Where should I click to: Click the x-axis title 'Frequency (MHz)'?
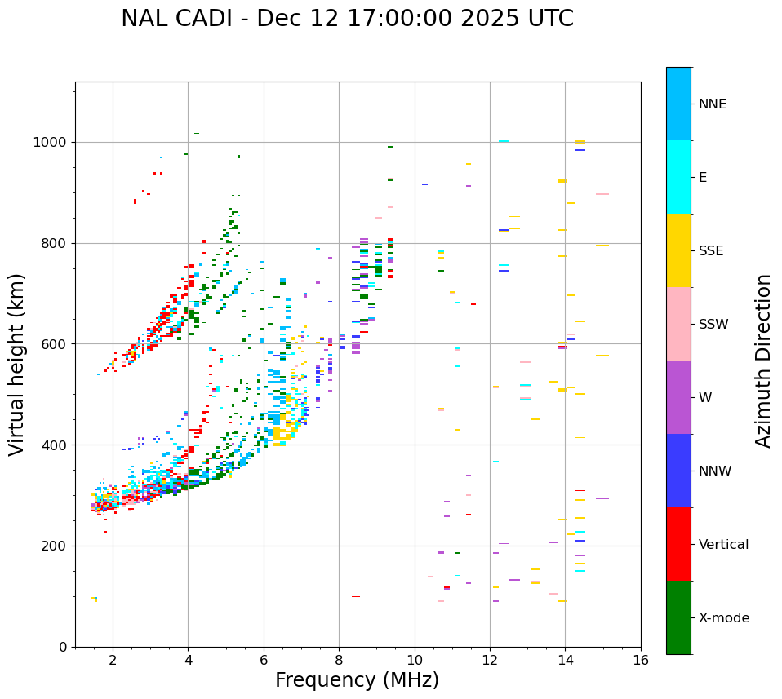[357, 680]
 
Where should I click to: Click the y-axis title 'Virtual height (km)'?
[17, 364]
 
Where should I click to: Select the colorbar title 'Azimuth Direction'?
[763, 361]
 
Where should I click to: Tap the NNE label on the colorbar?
[712, 104]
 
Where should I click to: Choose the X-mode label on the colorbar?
[723, 618]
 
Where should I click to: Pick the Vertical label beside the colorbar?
[723, 545]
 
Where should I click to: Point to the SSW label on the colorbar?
[713, 325]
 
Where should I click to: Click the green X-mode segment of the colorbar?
[678, 617]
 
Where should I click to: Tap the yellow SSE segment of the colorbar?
[678, 250]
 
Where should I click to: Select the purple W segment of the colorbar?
[678, 397]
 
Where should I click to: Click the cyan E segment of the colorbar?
[678, 177]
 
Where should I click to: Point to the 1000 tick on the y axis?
[51, 143]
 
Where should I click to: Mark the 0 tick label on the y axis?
[63, 647]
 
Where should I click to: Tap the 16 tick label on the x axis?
[641, 660]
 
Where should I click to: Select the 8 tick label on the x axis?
[339, 660]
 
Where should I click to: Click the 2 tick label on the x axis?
[113, 660]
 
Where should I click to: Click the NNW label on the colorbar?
[715, 471]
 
